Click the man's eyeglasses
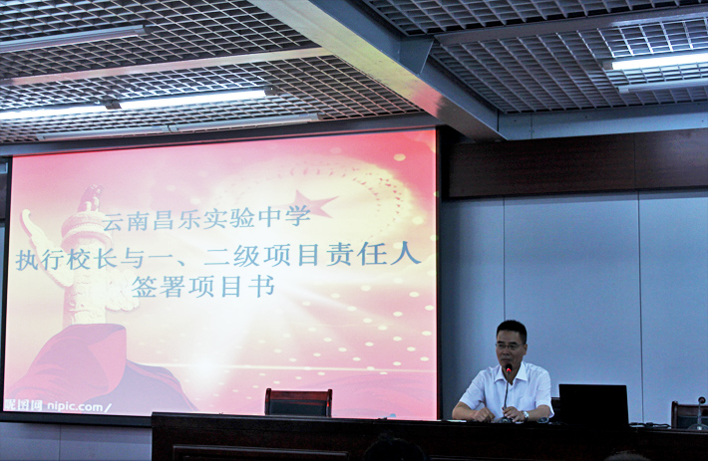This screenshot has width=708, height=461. [x=510, y=346]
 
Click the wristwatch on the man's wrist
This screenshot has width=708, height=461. [x=526, y=415]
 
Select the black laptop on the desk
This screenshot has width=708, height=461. [x=593, y=404]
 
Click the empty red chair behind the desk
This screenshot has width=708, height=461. [x=298, y=402]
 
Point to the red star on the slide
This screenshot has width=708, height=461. [x=314, y=203]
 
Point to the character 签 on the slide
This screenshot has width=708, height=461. [x=144, y=287]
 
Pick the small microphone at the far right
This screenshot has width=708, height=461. [x=700, y=412]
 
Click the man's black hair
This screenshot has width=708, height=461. [x=512, y=329]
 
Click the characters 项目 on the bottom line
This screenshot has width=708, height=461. [x=214, y=287]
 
